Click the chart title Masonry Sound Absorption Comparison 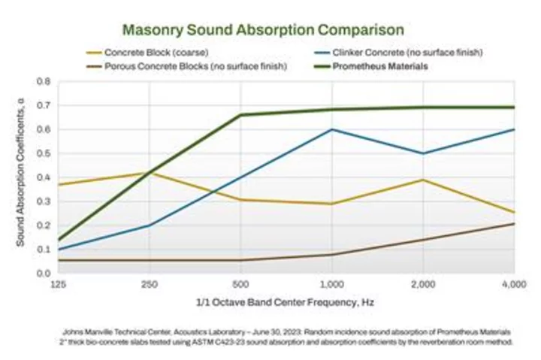tap(263, 30)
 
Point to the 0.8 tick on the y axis tap(44, 81)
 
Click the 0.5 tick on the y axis tap(44, 153)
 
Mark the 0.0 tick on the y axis tap(44, 274)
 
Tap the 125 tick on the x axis tap(59, 285)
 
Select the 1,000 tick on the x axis tap(331, 285)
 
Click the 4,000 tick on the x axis tap(514, 285)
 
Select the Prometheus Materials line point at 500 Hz tap(240, 115)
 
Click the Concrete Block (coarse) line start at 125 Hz tap(59, 184)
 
